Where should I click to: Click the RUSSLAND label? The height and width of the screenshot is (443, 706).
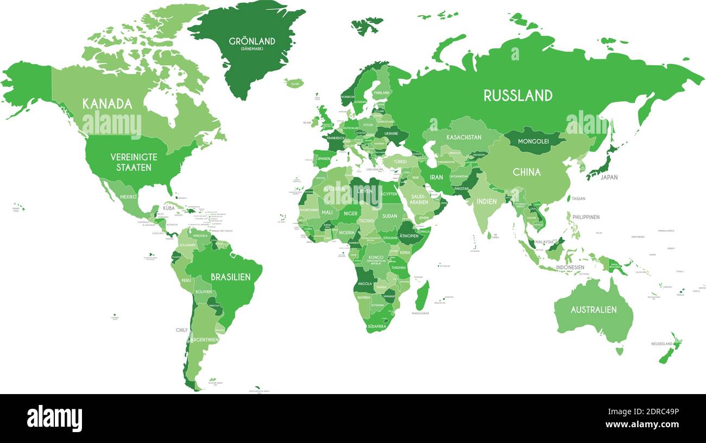[518, 96]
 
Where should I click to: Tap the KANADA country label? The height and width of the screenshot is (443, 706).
[107, 104]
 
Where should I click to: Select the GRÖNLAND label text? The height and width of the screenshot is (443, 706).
[251, 41]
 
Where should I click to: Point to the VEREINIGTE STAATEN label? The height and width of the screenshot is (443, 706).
[134, 162]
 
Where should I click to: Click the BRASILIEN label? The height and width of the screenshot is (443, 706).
[230, 277]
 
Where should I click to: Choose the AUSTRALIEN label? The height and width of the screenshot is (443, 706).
[593, 310]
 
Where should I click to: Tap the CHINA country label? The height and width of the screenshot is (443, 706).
[526, 172]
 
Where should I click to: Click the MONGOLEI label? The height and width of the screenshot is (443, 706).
[533, 141]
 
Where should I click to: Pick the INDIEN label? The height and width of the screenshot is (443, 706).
[486, 201]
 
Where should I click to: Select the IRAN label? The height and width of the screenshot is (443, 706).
[436, 177]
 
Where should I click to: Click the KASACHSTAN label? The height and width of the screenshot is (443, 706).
[463, 138]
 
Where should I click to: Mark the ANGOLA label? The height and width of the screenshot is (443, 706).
[364, 284]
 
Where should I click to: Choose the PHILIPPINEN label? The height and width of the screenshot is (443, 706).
[584, 217]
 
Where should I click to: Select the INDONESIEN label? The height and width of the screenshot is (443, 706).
[570, 267]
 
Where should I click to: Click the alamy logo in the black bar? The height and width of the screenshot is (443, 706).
[54, 419]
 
